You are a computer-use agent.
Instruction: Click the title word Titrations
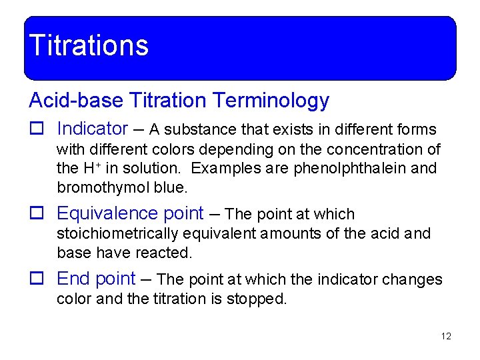pos(89,46)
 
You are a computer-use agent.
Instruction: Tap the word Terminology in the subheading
pos(271,101)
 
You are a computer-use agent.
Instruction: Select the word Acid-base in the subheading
pos(76,101)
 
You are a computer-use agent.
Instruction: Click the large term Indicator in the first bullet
pos(92,129)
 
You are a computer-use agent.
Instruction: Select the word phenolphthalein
pos(349,168)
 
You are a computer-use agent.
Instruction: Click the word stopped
pos(260,299)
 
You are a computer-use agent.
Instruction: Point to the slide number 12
pos(446,336)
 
